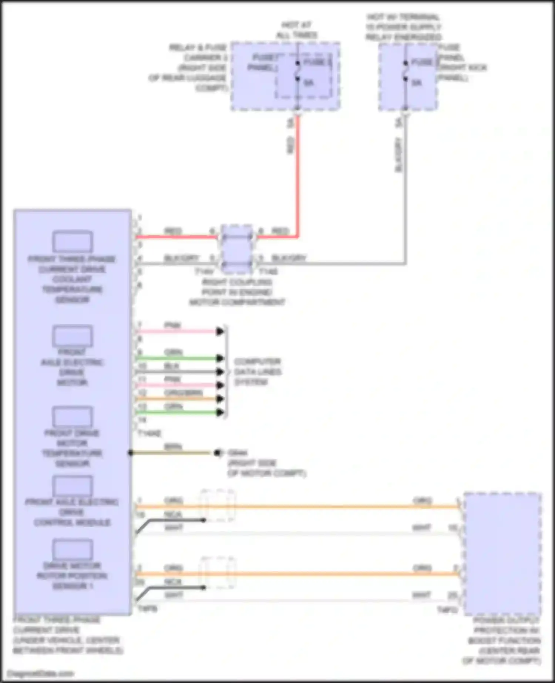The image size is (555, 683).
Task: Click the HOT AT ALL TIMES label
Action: coord(297,30)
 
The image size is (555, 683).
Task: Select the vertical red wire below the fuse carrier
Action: coord(297,174)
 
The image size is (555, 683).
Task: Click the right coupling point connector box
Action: coord(237,249)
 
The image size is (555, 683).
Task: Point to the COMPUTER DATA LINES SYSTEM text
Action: coord(258,371)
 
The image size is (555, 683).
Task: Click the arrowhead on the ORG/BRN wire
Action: coord(220,399)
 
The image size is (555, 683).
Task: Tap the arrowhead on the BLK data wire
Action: coord(220,372)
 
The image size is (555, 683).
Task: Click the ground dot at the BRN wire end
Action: coord(217,453)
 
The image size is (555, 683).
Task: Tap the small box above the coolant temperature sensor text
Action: coord(72,242)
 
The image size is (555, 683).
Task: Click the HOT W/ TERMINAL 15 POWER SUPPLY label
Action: coord(403,27)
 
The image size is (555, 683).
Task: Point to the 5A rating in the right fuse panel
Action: coord(417,83)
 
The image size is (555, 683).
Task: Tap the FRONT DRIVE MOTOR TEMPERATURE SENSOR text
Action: coord(72,448)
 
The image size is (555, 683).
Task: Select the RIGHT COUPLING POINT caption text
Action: coord(237,292)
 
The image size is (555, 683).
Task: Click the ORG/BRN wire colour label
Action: coord(184,393)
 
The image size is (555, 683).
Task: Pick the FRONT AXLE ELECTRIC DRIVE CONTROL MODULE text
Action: coord(72,512)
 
